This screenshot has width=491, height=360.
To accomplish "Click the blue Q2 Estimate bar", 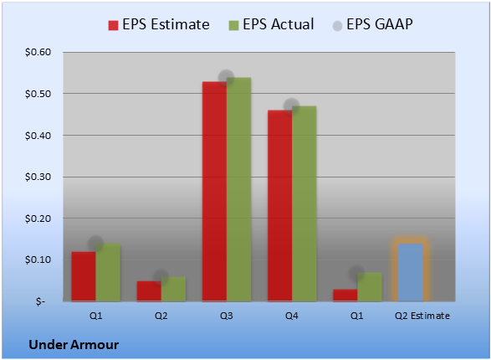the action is (411, 272).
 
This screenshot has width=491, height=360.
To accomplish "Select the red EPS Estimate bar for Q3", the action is (214, 192).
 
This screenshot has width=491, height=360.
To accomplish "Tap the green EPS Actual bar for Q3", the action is (239, 189).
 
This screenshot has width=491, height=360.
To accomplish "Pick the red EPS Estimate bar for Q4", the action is (280, 206).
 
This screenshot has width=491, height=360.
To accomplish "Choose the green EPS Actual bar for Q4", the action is (304, 203).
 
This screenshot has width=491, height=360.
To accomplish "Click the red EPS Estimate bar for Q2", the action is (149, 291).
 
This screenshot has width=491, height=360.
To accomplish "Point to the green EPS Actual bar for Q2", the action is (173, 289).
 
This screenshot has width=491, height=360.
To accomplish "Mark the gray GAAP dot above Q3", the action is (226, 77).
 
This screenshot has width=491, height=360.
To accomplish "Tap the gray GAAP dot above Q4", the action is (292, 106).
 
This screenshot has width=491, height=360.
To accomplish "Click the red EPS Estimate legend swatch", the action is (113, 25).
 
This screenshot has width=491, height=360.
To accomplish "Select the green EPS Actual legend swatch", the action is (233, 25).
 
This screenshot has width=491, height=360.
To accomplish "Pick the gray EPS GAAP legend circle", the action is (337, 26).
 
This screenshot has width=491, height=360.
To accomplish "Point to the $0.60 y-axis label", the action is (38, 52).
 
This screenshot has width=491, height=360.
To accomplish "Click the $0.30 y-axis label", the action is (38, 177).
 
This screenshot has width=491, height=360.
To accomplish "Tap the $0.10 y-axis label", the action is (38, 260).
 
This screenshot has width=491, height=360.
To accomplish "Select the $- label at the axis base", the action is (40, 301).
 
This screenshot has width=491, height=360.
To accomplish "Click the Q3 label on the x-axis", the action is (227, 316).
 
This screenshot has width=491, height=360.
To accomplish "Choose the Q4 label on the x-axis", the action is (292, 316).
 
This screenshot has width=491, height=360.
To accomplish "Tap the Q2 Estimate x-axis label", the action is (422, 316).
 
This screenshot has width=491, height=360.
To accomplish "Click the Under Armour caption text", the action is (74, 345).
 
